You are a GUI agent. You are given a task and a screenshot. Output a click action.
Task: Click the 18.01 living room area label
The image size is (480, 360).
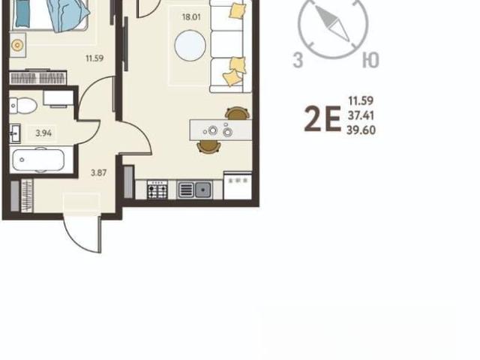click(x=191, y=16)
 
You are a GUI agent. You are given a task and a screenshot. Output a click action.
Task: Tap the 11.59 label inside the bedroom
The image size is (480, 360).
click(x=94, y=58)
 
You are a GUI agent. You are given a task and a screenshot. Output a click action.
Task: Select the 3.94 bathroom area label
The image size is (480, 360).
click(x=43, y=133)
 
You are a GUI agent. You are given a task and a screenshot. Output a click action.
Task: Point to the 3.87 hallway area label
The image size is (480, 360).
click(x=98, y=172)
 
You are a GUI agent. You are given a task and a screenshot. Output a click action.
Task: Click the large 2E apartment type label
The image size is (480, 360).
click(x=322, y=118)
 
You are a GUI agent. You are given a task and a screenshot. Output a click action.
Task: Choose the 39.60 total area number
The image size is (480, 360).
click(x=361, y=130)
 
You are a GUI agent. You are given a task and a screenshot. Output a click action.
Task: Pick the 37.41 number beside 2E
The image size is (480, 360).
click(x=361, y=115)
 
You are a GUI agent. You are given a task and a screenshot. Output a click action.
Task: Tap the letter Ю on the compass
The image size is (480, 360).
click(x=370, y=60)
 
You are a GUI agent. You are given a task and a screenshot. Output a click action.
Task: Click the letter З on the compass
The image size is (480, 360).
click(x=298, y=60)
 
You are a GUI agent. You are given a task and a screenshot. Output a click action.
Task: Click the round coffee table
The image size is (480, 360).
click(x=190, y=45)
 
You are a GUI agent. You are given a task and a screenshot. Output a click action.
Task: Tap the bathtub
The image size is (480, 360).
click(x=38, y=160)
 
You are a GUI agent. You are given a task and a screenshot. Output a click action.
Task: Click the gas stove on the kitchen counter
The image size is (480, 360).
click(x=157, y=190)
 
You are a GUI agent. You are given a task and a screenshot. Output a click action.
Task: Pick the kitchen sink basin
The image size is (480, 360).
click(x=202, y=190)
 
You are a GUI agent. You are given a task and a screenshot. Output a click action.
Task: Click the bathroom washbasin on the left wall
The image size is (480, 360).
click(x=15, y=133)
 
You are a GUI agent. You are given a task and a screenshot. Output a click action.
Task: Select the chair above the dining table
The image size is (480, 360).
click(x=237, y=113)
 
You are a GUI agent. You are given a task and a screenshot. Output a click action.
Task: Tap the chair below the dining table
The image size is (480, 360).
click(x=208, y=147)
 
